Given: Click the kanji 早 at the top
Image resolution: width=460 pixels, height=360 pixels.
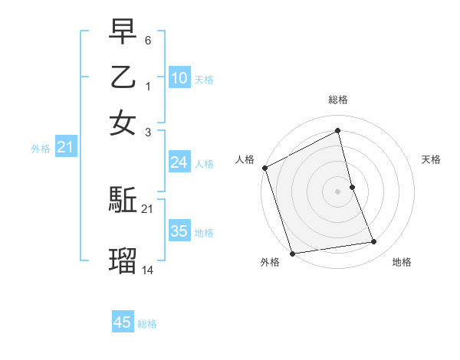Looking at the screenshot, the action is pyautogui.click(x=123, y=34).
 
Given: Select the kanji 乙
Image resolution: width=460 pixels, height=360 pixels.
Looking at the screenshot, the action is pyautogui.click(x=123, y=77).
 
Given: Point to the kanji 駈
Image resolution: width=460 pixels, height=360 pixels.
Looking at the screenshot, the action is pyautogui.click(x=123, y=201).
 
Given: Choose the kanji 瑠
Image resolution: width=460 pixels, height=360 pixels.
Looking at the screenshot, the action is pyautogui.click(x=123, y=261).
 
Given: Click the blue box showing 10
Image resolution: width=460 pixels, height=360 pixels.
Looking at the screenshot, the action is pyautogui.click(x=179, y=77).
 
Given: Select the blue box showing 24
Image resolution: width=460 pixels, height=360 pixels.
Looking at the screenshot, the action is pyautogui.click(x=179, y=162).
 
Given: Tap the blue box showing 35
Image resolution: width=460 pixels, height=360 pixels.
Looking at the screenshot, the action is pyautogui.click(x=179, y=231).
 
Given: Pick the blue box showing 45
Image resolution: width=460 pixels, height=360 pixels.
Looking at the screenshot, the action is pyautogui.click(x=123, y=322).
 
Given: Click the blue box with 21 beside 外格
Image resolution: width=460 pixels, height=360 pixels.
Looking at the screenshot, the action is pyautogui.click(x=65, y=147).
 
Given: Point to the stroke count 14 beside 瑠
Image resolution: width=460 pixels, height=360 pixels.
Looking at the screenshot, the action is pyautogui.click(x=148, y=270).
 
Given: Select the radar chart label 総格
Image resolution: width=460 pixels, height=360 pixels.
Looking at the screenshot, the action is pyautogui.click(x=338, y=100).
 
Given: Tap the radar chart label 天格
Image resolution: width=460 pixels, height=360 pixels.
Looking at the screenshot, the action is pyautogui.click(x=432, y=159).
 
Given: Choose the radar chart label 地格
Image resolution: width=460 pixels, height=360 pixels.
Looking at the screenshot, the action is pyautogui.click(x=402, y=263).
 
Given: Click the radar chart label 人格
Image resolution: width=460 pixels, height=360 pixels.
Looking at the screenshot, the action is pyautogui.click(x=245, y=159).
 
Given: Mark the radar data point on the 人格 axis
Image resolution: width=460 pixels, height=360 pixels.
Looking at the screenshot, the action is pyautogui.click(x=264, y=168).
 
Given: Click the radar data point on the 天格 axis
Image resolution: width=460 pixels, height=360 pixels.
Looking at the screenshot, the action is pyautogui.click(x=352, y=187).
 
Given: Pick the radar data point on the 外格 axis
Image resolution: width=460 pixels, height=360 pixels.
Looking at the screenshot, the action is pyautogui.click(x=292, y=253).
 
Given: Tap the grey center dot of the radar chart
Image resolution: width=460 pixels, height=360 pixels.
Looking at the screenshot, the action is pyautogui.click(x=338, y=191).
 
